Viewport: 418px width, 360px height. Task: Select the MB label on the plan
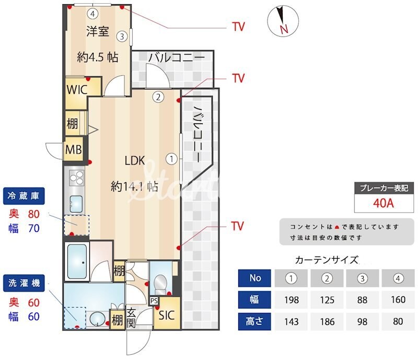(73, 150)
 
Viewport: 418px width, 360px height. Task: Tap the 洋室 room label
(97, 31)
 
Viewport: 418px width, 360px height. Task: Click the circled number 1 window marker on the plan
(170, 158)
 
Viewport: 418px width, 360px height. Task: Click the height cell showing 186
(327, 321)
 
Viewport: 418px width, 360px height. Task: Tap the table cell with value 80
(398, 321)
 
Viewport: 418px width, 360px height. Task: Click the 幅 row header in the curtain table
(255, 300)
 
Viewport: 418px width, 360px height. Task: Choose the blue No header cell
(255, 278)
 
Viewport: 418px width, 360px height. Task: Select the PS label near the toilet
(154, 301)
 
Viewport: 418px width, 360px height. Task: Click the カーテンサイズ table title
(327, 259)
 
